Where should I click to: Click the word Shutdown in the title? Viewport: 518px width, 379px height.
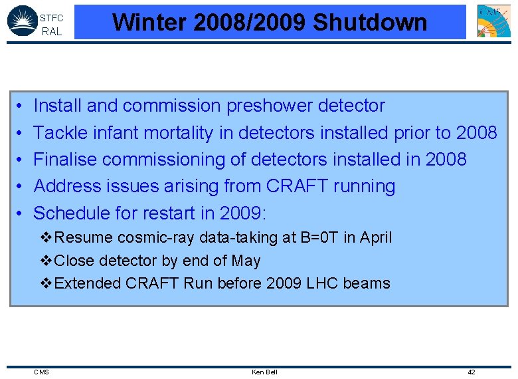[369, 22]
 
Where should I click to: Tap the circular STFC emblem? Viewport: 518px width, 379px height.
[22, 21]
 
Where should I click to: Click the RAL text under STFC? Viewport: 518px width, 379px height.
[51, 31]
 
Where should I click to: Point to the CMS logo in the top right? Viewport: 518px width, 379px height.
[494, 21]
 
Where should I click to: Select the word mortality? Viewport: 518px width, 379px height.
[175, 133]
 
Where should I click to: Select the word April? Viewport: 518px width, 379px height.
[377, 237]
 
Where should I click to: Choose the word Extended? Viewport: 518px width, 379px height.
[84, 283]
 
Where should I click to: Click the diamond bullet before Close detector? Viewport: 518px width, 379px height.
[46, 261]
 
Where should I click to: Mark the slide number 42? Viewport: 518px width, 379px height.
[472, 372]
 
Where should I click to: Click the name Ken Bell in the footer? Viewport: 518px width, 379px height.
[264, 372]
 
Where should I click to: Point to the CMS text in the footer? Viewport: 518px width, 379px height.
[41, 372]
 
